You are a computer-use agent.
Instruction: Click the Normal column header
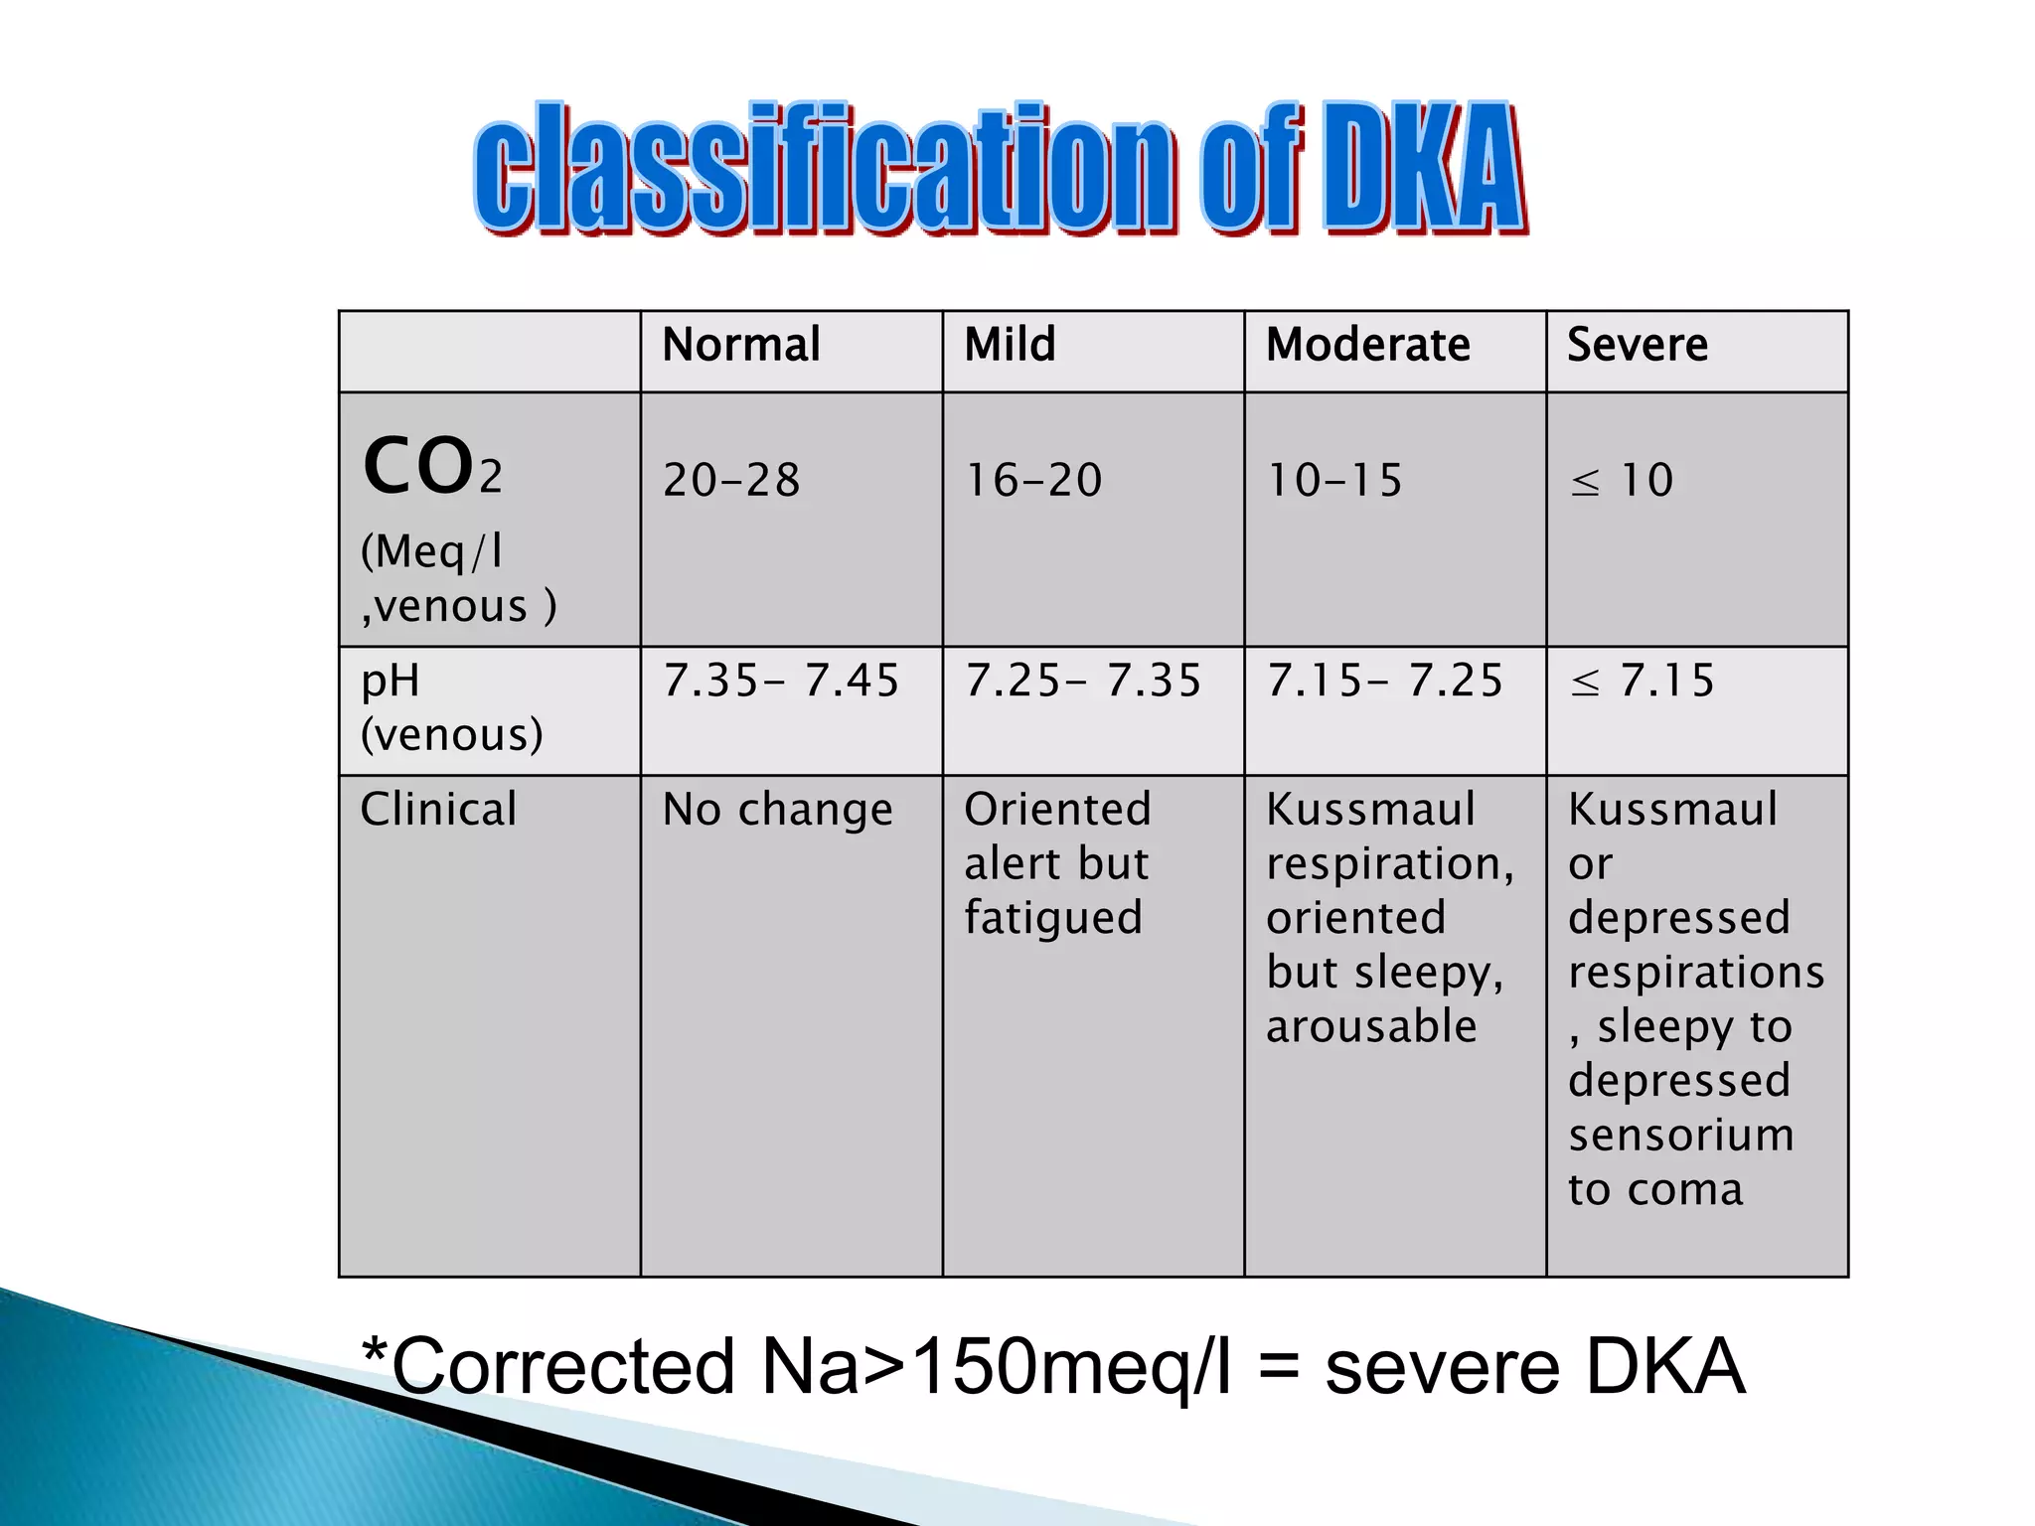[x=741, y=346]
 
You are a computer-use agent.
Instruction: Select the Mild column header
[x=1010, y=346]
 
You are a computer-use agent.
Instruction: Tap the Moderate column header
[x=1367, y=346]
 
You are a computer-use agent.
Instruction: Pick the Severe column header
[x=1638, y=346]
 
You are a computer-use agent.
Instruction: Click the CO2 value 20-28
[x=731, y=481]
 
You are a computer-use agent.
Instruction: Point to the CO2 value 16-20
[x=1033, y=481]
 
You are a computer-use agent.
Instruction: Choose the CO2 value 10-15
[x=1334, y=481]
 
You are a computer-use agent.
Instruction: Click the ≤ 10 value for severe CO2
[x=1622, y=481]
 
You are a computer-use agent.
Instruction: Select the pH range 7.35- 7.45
[x=781, y=682]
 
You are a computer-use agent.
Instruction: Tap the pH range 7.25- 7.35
[x=1083, y=682]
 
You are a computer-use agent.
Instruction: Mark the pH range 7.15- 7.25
[x=1384, y=682]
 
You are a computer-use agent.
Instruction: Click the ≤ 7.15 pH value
[x=1642, y=682]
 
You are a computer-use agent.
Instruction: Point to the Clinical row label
[x=438, y=810]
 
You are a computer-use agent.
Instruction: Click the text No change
[x=778, y=810]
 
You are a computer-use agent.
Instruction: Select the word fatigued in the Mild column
[x=1053, y=918]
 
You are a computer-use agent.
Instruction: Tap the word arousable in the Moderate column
[x=1371, y=1026]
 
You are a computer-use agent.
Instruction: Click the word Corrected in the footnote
[x=562, y=1367]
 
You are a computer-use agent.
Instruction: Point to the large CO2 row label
[x=432, y=467]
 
